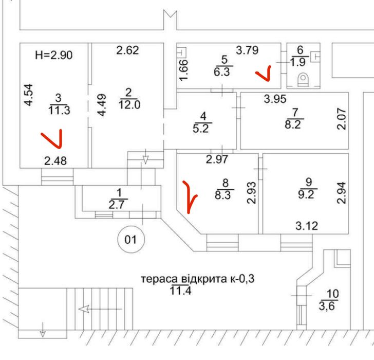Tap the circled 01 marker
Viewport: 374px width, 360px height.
(132, 239)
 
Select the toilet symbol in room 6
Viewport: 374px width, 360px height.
(303, 80)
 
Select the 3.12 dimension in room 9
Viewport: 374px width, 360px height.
(306, 225)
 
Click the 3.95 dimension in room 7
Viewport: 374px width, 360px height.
(275, 99)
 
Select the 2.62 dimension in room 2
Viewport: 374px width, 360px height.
(127, 50)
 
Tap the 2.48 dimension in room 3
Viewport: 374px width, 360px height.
(55, 161)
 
